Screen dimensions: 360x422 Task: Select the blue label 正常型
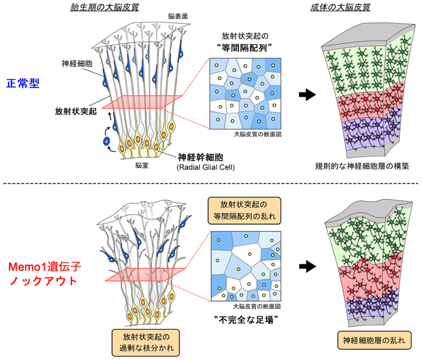24,83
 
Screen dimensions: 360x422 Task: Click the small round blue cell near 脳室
107,142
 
